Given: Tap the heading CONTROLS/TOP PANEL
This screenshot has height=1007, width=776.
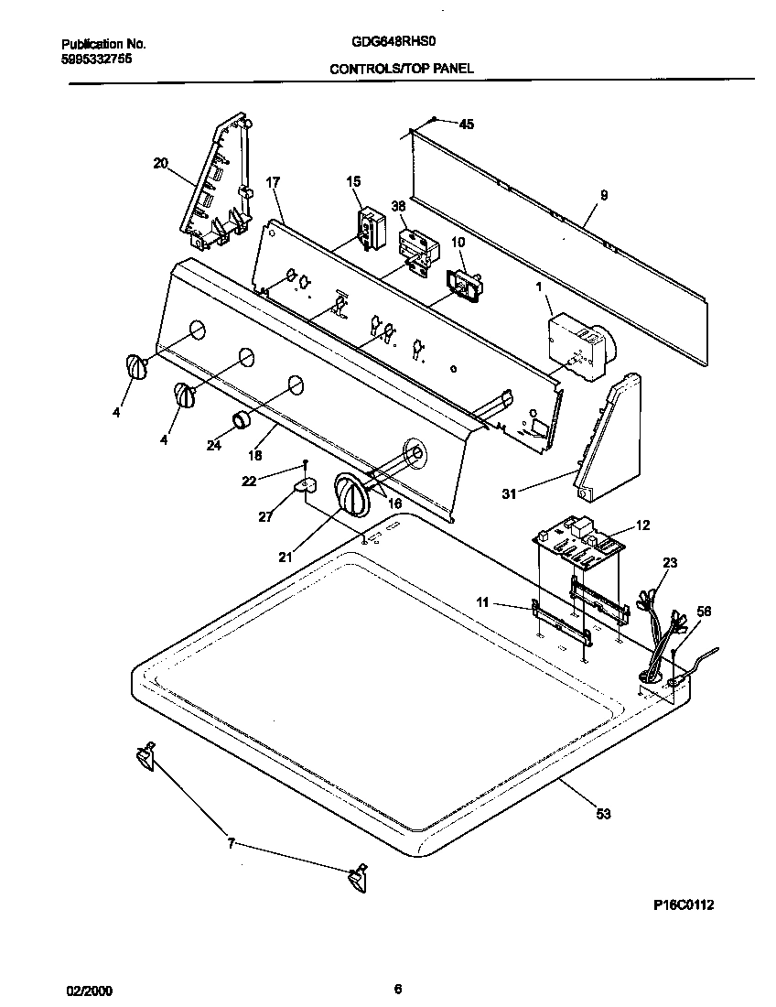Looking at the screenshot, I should coord(402,69).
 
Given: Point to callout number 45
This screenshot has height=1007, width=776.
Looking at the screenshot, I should coord(466,125).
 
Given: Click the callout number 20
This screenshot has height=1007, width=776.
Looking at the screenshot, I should coord(160,164).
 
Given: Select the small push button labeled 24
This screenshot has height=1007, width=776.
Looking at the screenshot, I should coord(241,420).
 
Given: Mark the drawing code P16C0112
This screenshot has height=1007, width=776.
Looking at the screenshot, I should coord(683,904).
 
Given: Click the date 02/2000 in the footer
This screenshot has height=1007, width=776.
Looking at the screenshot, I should coord(91,991).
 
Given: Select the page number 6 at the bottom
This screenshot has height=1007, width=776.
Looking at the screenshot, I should coord(397,989).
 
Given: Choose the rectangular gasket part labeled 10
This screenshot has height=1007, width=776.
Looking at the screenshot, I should coord(466,285).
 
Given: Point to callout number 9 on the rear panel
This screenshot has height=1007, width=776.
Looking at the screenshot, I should coord(603,194).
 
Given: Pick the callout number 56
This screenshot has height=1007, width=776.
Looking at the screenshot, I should coord(704,612).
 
